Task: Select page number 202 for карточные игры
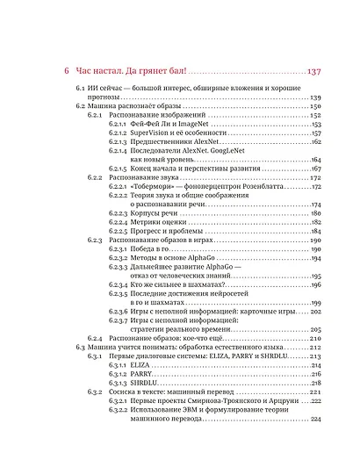click(x=316, y=312)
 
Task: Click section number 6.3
click(x=79, y=348)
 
